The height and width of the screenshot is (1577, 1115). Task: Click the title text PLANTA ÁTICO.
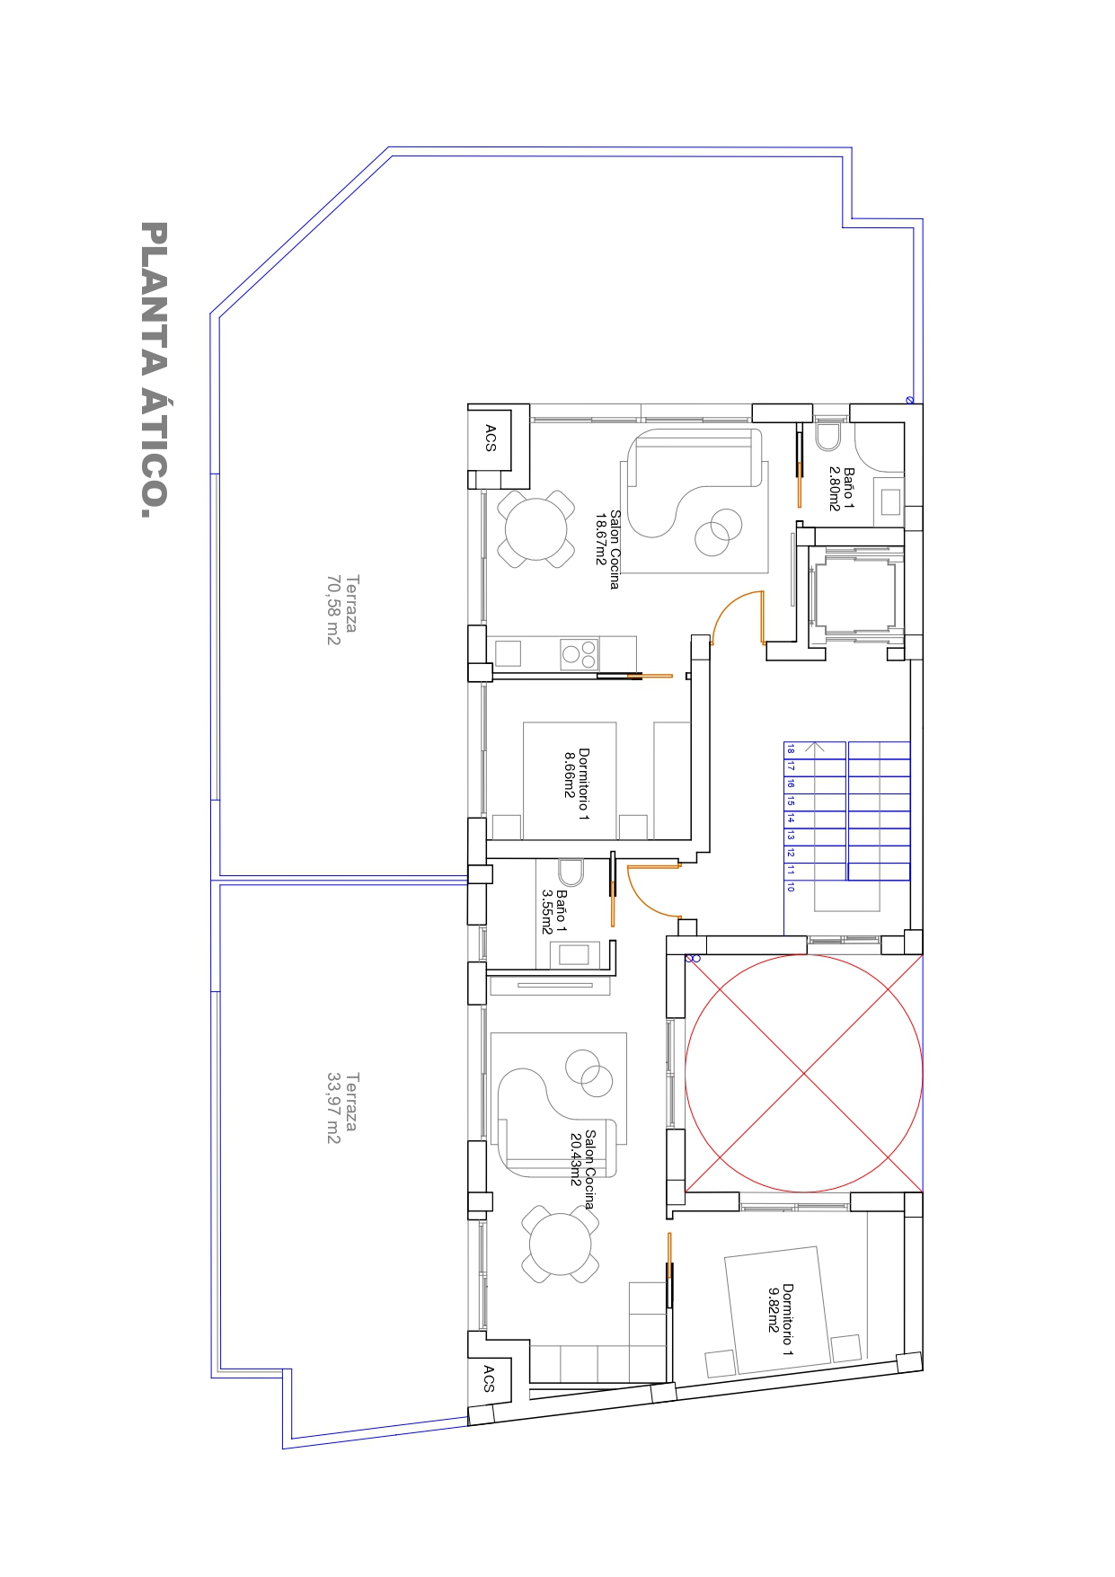click(x=154, y=369)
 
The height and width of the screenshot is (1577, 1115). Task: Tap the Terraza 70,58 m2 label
click(x=341, y=610)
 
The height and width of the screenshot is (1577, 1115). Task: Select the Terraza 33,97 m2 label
click(x=341, y=1108)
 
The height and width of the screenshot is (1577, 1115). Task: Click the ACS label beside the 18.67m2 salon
click(x=491, y=439)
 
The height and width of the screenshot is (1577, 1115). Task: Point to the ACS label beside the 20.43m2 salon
click(x=489, y=1379)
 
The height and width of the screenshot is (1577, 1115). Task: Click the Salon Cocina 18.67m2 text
click(x=607, y=548)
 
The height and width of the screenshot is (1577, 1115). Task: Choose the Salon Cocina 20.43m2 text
click(x=582, y=1169)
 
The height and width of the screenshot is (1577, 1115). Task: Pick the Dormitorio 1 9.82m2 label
click(x=780, y=1319)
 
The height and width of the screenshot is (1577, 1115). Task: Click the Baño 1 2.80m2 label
click(x=841, y=489)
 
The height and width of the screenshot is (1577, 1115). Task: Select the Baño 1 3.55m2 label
click(x=553, y=912)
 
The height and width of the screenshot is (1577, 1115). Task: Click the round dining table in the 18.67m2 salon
click(x=536, y=529)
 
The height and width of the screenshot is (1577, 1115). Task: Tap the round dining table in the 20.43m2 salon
click(x=561, y=1245)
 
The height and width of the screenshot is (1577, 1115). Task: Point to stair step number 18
click(x=791, y=749)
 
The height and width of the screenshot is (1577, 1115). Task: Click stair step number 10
click(x=791, y=887)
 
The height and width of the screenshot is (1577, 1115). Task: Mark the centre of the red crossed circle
click(x=804, y=1073)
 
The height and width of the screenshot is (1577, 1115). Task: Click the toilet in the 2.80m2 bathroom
click(x=828, y=435)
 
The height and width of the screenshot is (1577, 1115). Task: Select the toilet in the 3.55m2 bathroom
click(x=571, y=873)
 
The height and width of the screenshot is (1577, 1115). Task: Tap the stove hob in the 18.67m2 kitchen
click(x=580, y=654)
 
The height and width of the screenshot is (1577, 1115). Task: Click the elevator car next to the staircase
click(x=854, y=594)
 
